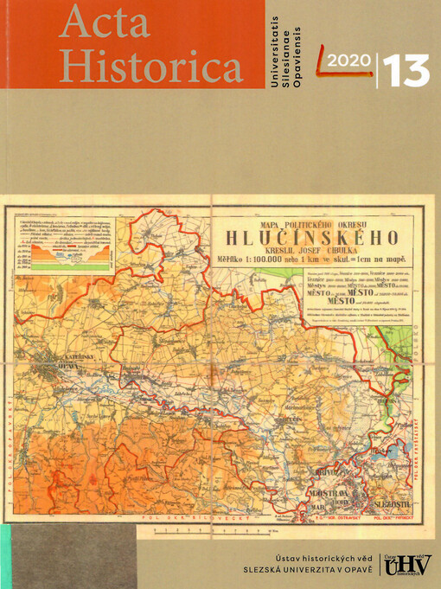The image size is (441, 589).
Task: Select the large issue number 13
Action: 405,69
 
